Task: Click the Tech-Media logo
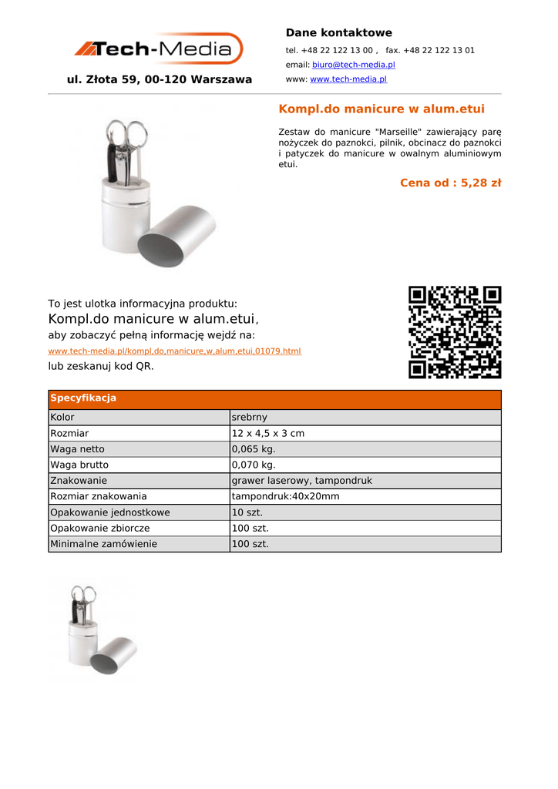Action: point(159,49)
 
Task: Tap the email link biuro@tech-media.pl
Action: point(353,65)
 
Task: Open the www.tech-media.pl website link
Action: point(348,79)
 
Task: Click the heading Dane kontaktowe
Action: point(338,32)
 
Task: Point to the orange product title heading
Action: point(381,109)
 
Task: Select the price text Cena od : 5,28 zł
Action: point(450,183)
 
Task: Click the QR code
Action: point(455,332)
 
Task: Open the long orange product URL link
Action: point(174,351)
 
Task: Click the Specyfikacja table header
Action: point(83,398)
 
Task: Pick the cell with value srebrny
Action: point(250,418)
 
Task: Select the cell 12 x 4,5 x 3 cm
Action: point(268,433)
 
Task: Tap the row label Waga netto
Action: point(77,449)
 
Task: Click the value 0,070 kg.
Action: point(254,465)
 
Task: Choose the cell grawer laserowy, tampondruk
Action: point(301,481)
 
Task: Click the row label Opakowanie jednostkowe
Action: point(110,512)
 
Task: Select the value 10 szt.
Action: point(247,512)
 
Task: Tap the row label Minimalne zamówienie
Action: point(103,544)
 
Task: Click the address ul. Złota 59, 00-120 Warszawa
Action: point(160,79)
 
